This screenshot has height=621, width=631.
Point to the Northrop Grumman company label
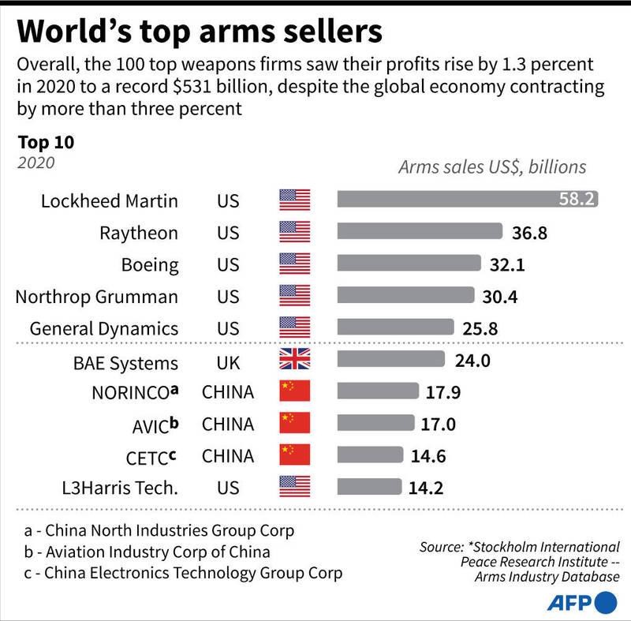[x=96, y=296]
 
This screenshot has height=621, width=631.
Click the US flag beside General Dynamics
[x=295, y=327]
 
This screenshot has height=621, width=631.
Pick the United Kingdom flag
[x=295, y=361]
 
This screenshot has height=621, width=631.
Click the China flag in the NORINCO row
[x=295, y=392]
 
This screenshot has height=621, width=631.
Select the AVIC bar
[x=375, y=424]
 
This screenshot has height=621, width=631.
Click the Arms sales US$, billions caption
[x=492, y=166]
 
